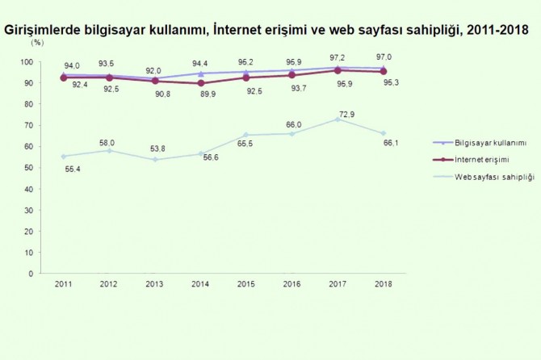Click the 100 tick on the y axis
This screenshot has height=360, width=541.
click(x=27, y=62)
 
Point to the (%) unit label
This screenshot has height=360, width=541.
click(x=38, y=43)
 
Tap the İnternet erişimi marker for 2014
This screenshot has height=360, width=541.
click(x=200, y=83)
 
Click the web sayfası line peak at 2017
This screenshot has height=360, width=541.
click(x=339, y=119)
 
